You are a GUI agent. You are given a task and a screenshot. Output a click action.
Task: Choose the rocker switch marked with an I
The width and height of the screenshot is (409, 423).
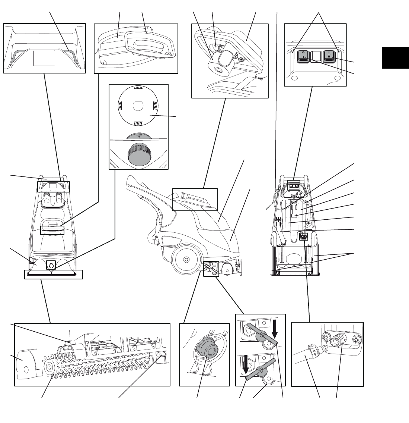click(x=329, y=56)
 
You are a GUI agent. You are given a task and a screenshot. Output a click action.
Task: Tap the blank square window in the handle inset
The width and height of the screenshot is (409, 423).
click(x=44, y=58)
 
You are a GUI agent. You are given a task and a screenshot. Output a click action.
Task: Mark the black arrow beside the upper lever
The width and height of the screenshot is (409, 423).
click(x=275, y=327)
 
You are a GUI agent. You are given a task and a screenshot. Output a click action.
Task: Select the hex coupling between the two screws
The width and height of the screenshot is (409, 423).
click(x=340, y=340)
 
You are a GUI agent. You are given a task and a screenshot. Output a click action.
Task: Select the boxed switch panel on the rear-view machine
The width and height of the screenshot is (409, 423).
click(x=294, y=184)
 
